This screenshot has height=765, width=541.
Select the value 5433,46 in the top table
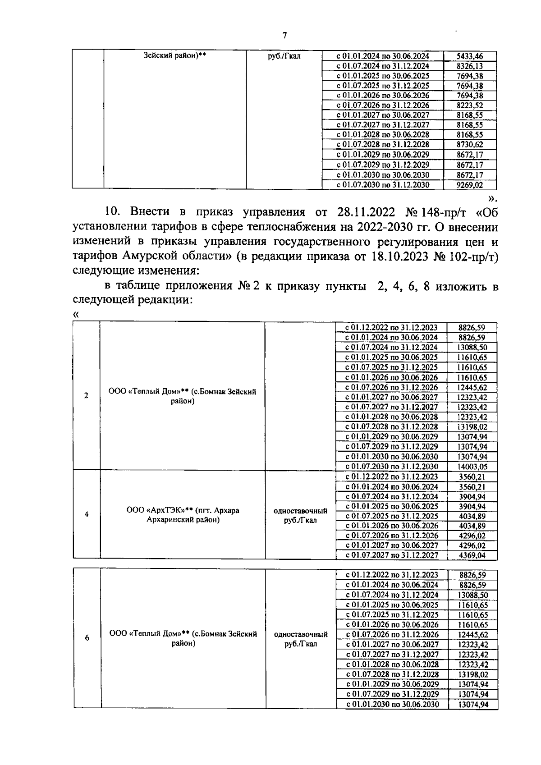[x=470, y=56]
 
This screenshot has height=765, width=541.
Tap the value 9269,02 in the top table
[x=470, y=185]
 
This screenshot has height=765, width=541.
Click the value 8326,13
[x=470, y=66]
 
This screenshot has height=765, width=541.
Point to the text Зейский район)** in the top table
[x=175, y=56]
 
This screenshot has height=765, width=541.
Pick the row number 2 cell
[x=86, y=396]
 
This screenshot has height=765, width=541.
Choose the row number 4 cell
[x=87, y=514]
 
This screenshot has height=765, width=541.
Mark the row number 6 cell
[x=87, y=638]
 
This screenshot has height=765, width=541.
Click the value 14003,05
[x=472, y=467]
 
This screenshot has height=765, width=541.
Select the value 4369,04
[x=472, y=555]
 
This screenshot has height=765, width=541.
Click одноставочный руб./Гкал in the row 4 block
[x=300, y=515]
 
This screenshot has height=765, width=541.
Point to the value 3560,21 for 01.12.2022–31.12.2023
[x=472, y=476]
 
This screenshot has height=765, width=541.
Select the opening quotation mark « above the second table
[x=75, y=315]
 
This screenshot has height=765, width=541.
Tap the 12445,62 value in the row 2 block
[x=472, y=387]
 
